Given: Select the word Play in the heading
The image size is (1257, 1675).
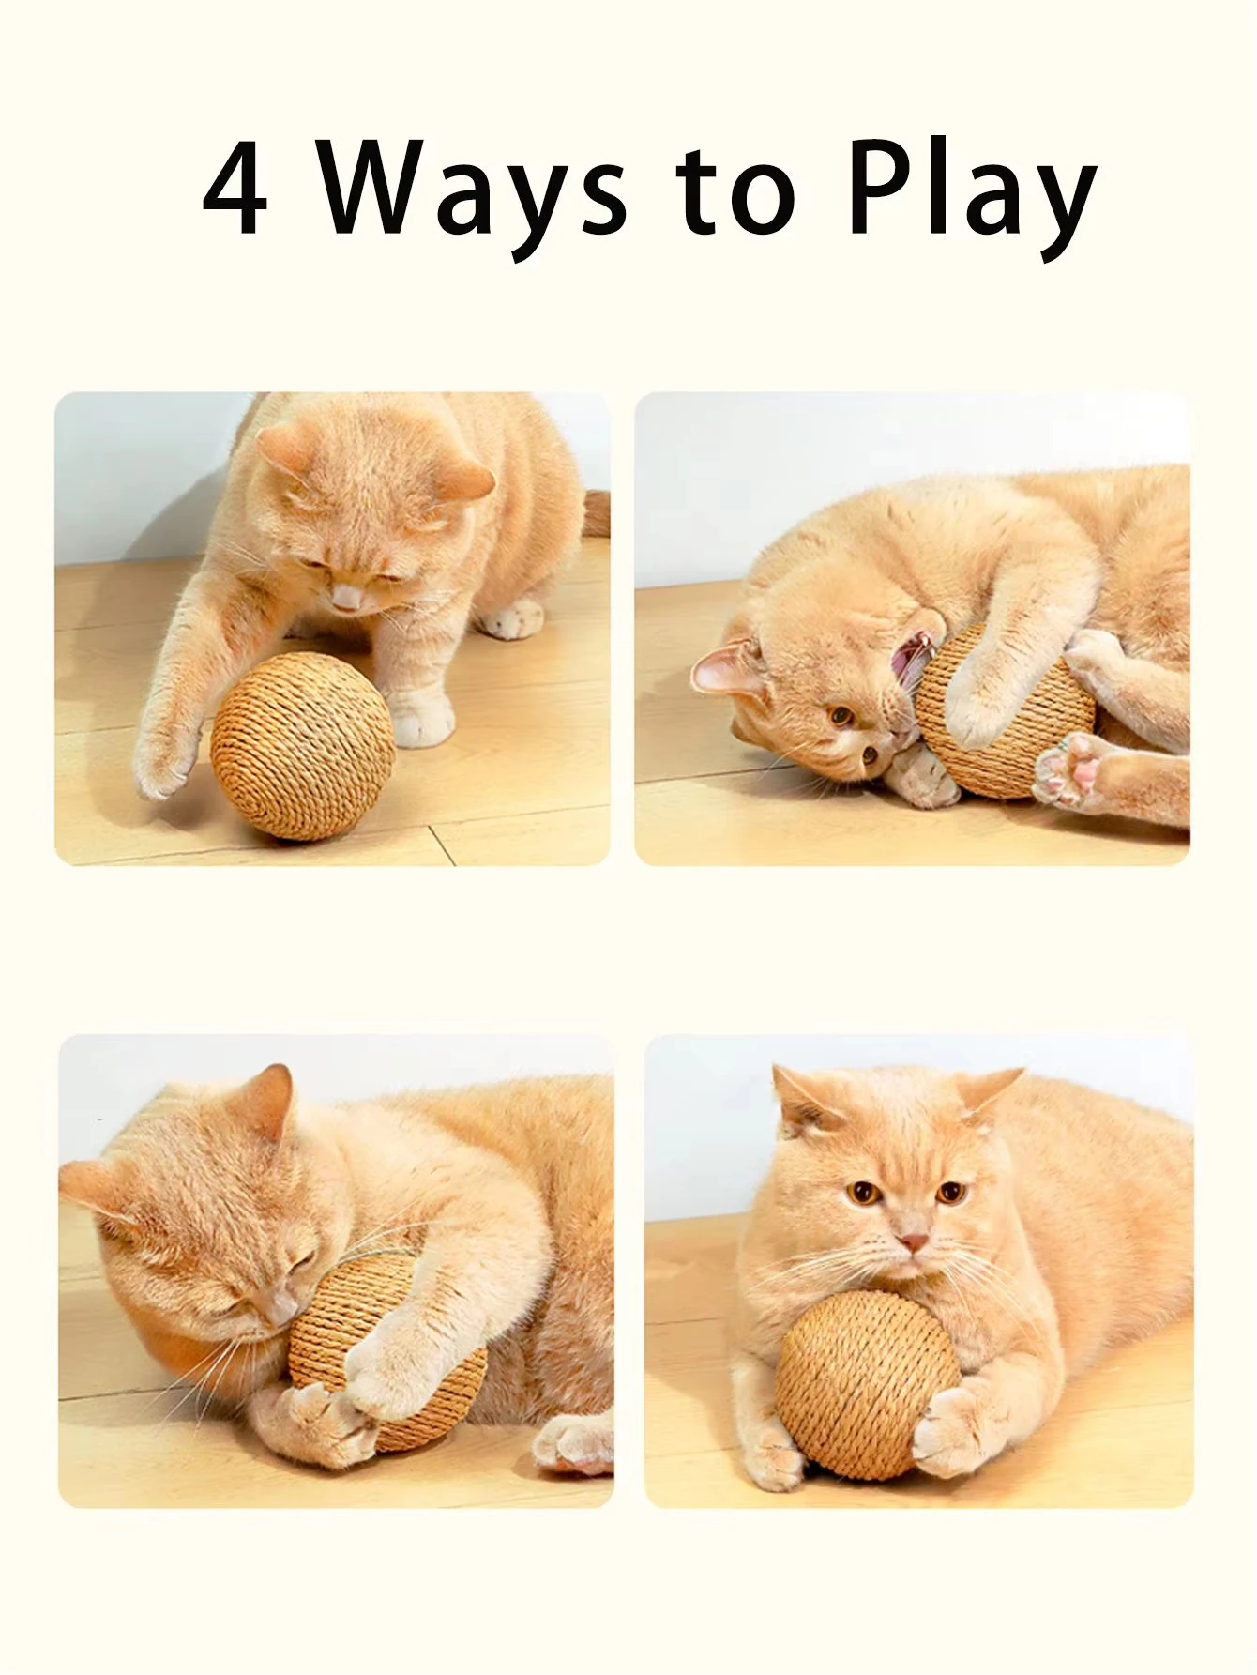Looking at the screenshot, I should click(x=970, y=192).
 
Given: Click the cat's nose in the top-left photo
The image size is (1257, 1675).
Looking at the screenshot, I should click(x=348, y=596).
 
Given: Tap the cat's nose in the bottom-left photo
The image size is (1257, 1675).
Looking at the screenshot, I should click(x=280, y=1309).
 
